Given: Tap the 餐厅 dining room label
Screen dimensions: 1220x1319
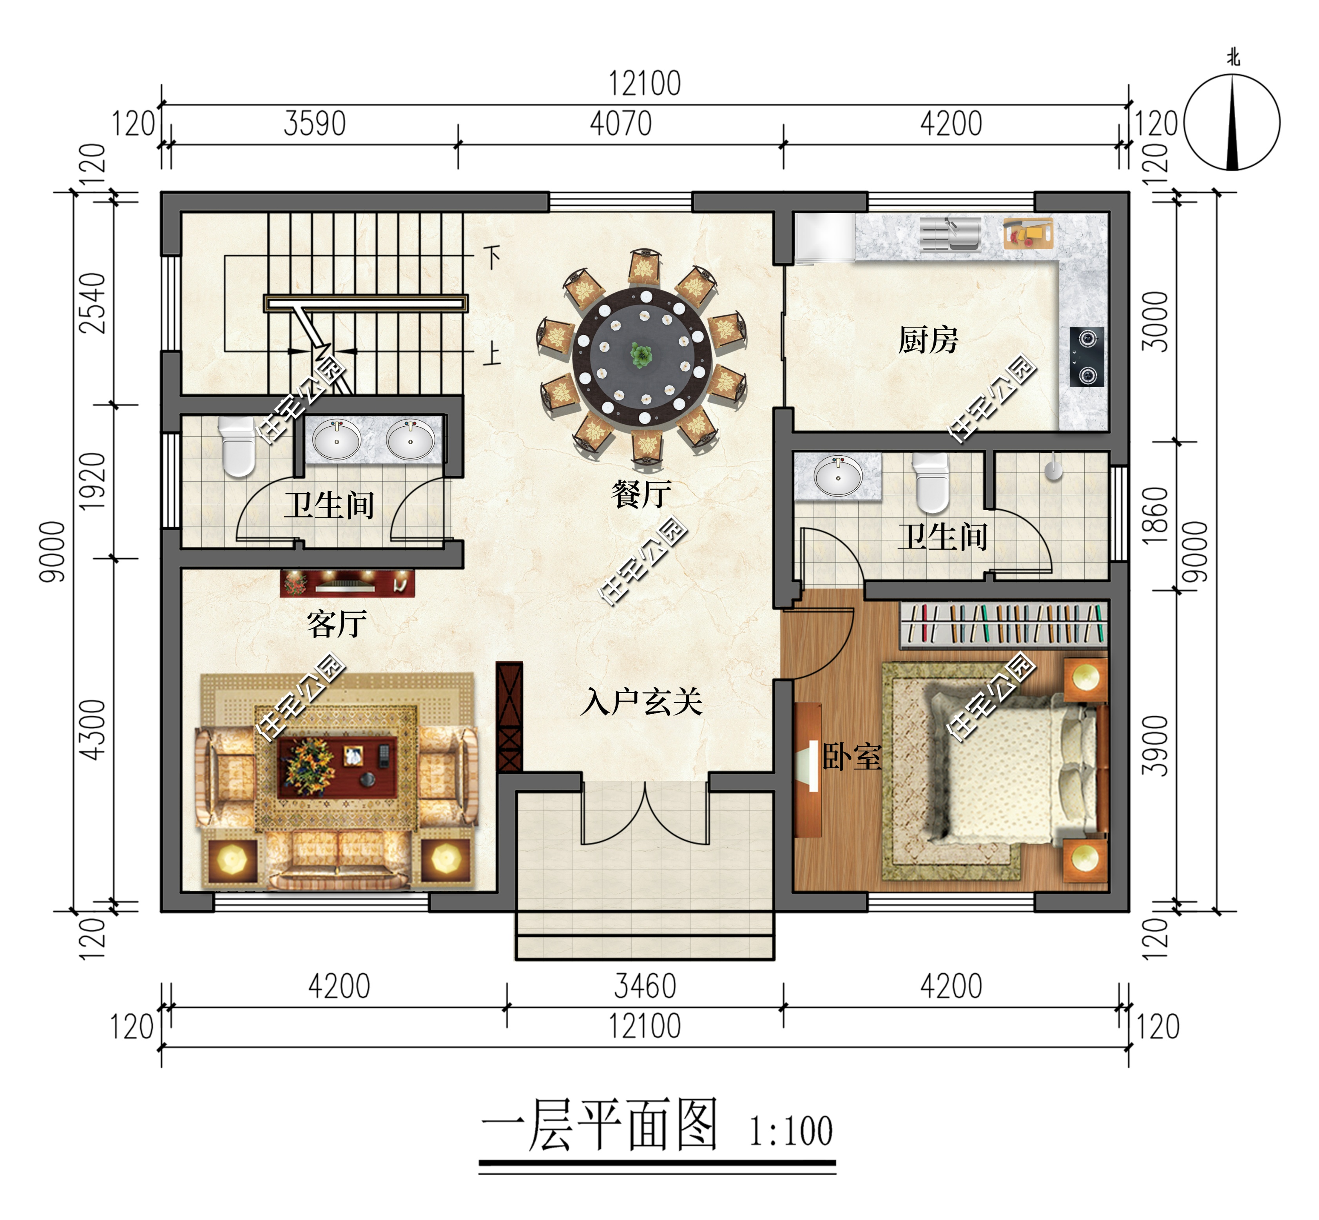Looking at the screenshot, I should (x=641, y=494).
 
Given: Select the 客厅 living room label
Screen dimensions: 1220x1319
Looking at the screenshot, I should (x=336, y=624).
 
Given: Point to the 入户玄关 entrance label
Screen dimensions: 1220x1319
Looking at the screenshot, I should (x=641, y=702).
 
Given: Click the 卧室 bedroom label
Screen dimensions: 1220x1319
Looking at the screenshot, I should (x=852, y=757).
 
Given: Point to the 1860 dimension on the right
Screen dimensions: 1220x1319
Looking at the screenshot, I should (x=1155, y=515).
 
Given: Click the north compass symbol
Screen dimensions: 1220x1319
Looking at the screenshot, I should (x=1232, y=122).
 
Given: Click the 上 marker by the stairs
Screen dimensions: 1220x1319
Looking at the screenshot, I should (x=492, y=355).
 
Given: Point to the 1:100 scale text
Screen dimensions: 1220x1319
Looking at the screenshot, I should (x=790, y=1131).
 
